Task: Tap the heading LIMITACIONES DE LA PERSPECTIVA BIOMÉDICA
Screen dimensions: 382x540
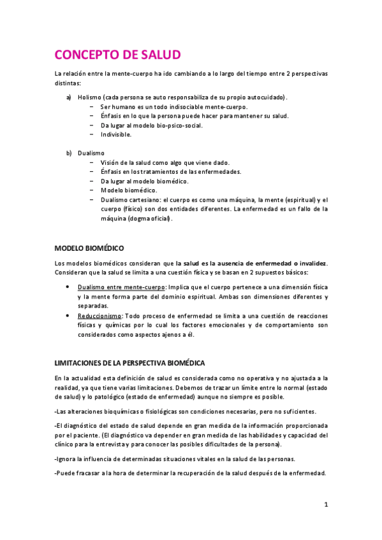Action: click(x=130, y=363)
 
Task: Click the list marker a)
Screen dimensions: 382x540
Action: click(x=69, y=97)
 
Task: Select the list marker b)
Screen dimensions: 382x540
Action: click(x=69, y=153)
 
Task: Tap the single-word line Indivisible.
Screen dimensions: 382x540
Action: click(x=116, y=134)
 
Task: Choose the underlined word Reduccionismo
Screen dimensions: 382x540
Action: click(x=99, y=316)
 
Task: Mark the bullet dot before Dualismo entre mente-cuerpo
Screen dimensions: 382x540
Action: click(x=68, y=287)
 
